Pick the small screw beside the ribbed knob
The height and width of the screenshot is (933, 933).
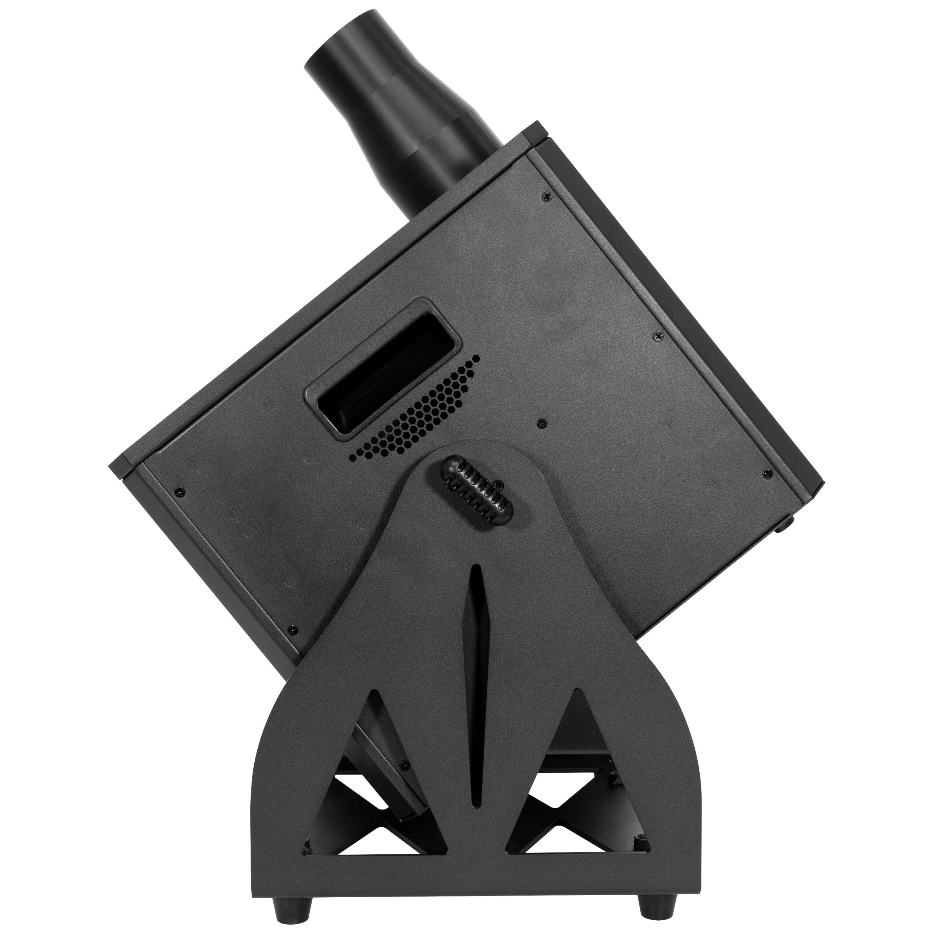pyautogui.click(x=501, y=484)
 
